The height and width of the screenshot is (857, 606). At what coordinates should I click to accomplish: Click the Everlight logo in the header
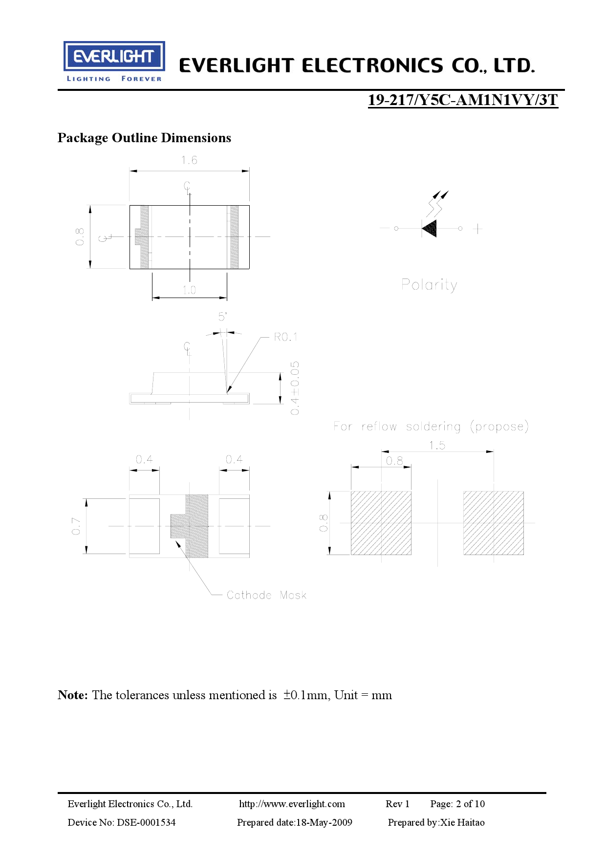114,62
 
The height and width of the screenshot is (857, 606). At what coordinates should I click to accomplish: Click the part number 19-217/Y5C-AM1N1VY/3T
463,100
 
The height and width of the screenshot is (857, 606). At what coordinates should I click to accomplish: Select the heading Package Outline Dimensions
144,138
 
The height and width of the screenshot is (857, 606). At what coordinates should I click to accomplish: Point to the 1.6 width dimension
189,160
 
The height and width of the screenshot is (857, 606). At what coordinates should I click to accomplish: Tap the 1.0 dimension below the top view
189,290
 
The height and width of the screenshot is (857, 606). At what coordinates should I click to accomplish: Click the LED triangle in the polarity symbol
429,228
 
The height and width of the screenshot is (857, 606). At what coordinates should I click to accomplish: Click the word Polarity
429,285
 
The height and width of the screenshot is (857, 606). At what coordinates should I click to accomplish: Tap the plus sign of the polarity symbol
477,228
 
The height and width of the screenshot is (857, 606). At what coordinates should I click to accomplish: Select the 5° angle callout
222,317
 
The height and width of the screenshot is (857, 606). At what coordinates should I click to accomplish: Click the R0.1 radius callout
285,337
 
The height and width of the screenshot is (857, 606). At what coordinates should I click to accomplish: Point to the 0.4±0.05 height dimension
295,388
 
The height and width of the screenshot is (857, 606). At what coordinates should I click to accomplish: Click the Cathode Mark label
266,595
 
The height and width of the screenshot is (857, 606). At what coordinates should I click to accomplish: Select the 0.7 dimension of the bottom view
76,526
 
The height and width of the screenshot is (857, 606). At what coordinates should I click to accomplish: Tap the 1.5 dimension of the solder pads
437,445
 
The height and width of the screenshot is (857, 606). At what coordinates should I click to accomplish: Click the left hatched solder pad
381,523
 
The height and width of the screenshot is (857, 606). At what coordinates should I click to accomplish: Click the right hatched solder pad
494,523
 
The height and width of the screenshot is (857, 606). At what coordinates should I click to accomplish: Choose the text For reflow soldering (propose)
431,427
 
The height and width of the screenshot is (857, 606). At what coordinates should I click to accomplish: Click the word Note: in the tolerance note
73,695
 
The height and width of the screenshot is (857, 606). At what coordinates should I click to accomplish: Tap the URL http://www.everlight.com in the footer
292,804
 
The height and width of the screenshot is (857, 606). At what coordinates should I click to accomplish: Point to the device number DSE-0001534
146,822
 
